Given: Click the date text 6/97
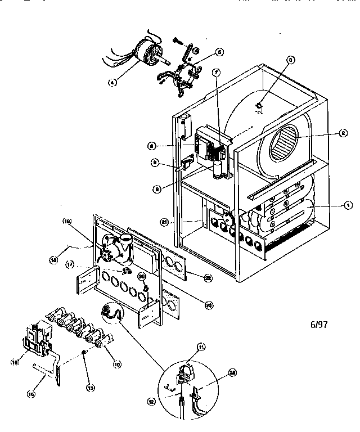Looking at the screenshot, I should point(319,325).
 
